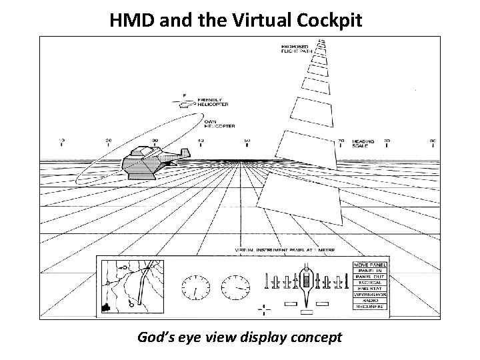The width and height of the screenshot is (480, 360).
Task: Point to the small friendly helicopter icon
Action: [x=185, y=102]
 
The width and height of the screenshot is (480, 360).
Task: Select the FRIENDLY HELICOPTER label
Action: [x=212, y=102]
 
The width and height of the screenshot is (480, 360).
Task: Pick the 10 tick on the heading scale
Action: [x=62, y=141]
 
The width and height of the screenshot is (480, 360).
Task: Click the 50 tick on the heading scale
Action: [x=247, y=141]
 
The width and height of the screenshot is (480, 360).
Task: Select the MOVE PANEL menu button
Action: [x=368, y=265]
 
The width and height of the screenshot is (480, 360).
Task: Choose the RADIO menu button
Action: [x=368, y=300]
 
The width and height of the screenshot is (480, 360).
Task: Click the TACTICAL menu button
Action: [x=368, y=283]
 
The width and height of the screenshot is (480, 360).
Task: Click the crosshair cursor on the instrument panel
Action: [x=265, y=309]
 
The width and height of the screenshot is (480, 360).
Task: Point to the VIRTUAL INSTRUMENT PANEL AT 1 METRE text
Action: [x=285, y=250]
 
